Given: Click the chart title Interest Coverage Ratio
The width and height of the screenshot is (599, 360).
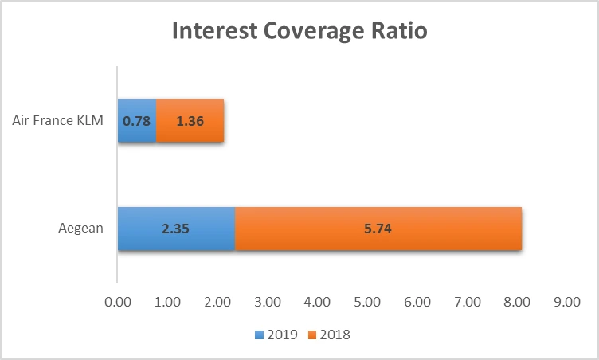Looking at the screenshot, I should coord(299,33).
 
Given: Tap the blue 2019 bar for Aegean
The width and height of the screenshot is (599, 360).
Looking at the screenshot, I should coord(176,229).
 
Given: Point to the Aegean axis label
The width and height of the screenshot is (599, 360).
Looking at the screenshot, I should coord(80,229).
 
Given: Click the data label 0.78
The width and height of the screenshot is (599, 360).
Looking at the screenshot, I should coord(137,122).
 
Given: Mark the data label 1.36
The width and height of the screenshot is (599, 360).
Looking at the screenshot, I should coord(190,122).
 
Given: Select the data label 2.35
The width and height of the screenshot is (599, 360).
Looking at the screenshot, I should coord(176,229).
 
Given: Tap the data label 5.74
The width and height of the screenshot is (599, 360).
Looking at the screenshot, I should coord(378,229).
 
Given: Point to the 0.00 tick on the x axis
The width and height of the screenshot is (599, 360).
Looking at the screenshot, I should coord(118,303).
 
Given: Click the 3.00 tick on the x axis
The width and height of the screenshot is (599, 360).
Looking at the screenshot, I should coord(268,303).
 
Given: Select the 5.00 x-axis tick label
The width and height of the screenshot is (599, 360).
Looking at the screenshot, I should coord(367,303).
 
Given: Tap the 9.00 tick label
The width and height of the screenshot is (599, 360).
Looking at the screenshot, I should coord(567,303).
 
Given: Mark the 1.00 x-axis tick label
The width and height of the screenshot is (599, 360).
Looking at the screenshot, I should coord(168,303).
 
